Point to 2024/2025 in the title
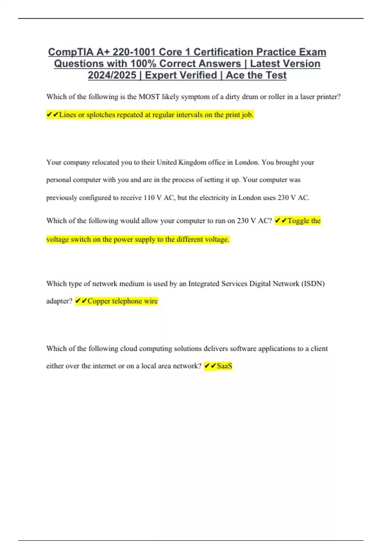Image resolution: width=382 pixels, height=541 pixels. click(x=112, y=75)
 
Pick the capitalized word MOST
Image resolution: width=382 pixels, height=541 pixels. click(x=149, y=97)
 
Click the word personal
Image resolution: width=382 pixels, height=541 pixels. click(x=59, y=180)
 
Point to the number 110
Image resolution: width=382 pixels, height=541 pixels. click(x=149, y=198)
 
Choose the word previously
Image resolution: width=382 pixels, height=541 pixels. click(x=61, y=198)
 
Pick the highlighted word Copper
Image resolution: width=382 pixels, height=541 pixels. click(x=99, y=301)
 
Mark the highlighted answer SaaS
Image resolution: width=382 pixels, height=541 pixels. click(x=224, y=366)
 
